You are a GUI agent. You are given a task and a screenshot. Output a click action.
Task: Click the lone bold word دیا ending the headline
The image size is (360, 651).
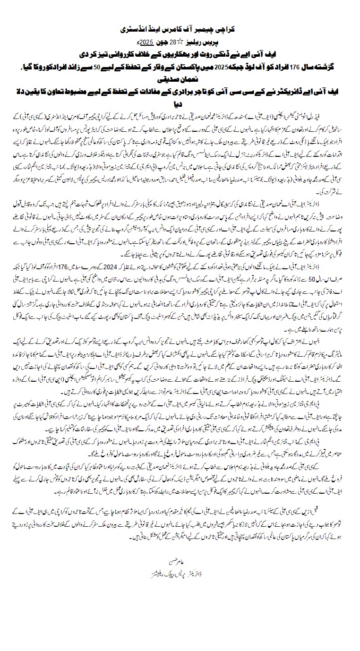(x=180, y=100)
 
